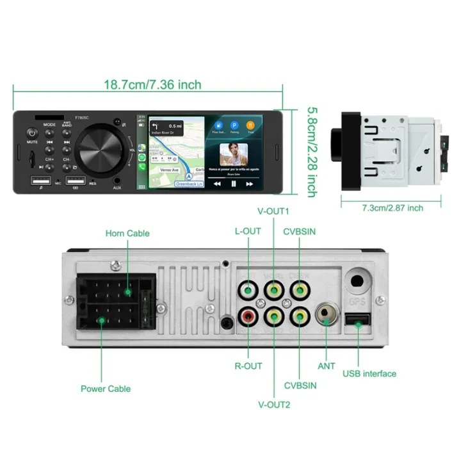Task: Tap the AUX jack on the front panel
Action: [x=117, y=181]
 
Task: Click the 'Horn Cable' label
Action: [x=128, y=234]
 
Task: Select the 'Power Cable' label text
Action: [x=106, y=389]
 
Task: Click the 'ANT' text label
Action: [x=327, y=366]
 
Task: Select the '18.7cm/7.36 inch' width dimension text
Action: [x=153, y=85]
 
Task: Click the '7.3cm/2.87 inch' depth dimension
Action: [x=392, y=207]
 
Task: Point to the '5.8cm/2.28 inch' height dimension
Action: [x=312, y=151]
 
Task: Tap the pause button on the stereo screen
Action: [x=233, y=183]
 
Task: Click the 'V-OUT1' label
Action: [x=273, y=211]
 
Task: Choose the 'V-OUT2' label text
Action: [x=273, y=405]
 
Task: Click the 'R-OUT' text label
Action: [x=248, y=366]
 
